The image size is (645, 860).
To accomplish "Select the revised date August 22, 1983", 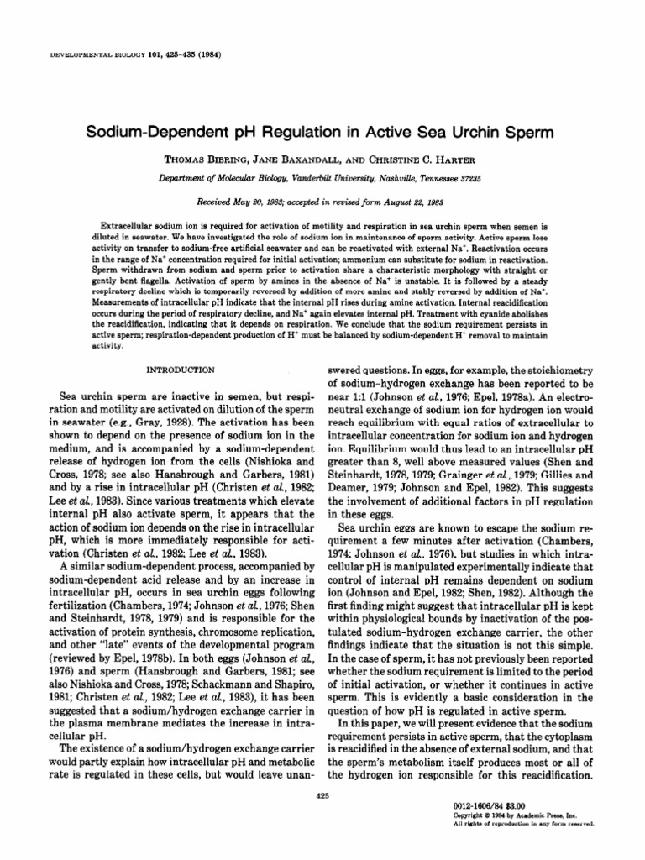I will (x=415, y=202).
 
